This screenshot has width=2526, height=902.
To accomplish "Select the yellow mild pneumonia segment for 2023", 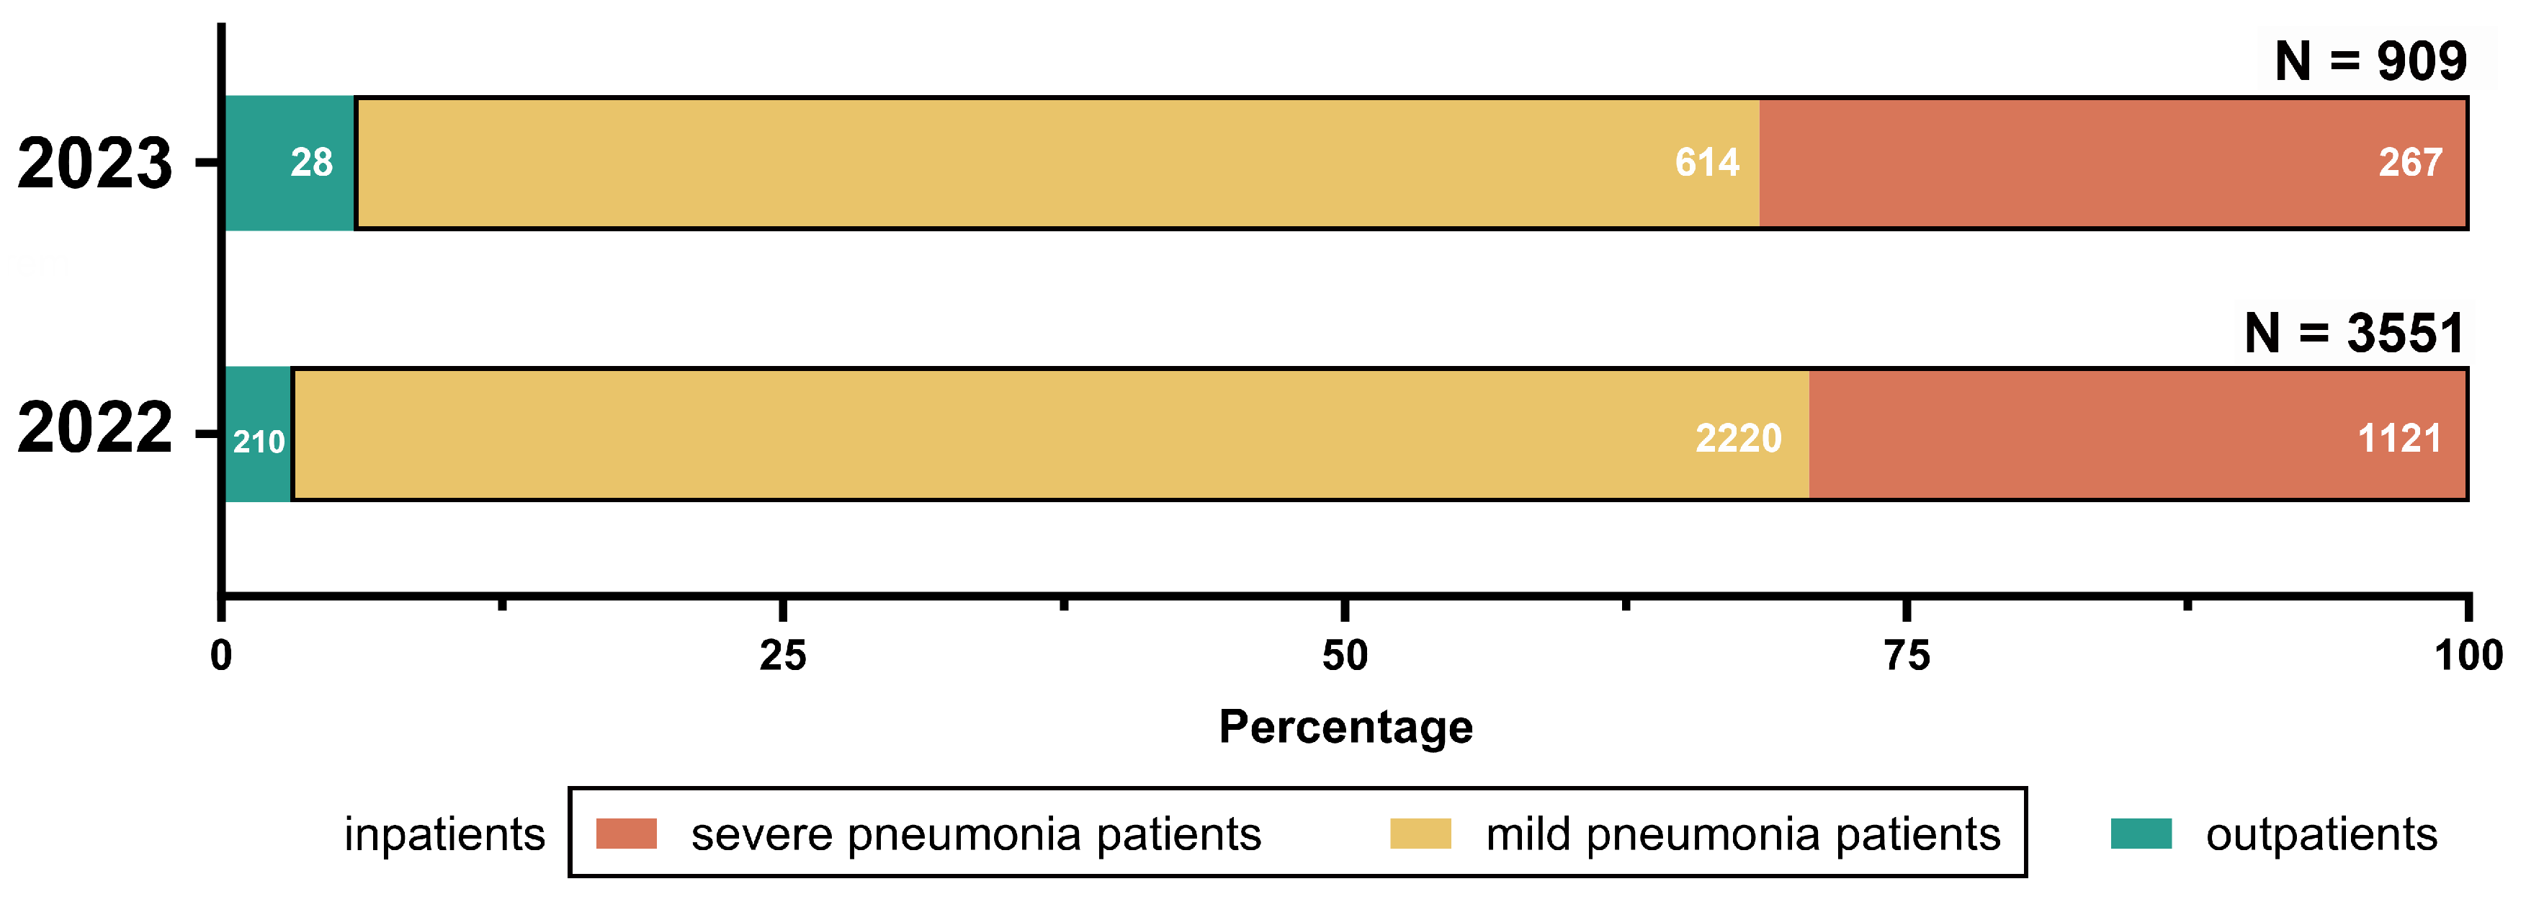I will click(1057, 163).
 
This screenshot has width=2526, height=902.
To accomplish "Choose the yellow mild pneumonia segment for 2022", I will click(1049, 434).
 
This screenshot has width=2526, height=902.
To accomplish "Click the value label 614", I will click(1707, 163).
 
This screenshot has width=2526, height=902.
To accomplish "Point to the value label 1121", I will click(2399, 438).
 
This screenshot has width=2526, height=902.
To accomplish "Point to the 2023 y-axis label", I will click(95, 164).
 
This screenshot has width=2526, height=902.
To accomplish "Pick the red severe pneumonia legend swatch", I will click(627, 834).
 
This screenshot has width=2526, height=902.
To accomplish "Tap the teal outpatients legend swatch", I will click(2141, 834).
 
